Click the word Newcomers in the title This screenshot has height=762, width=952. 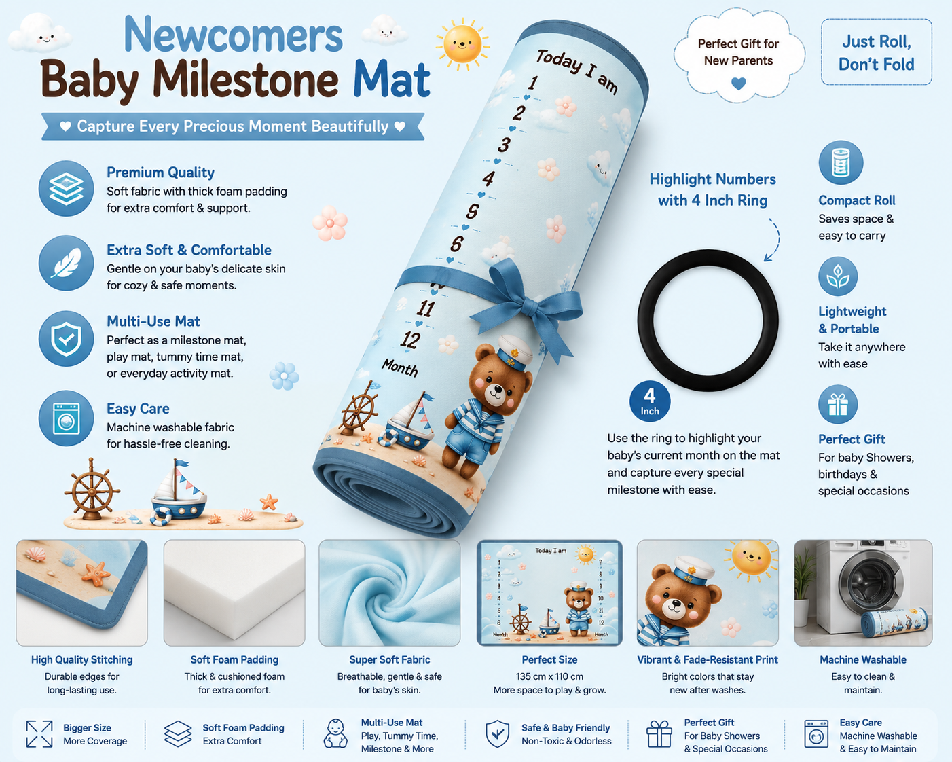click(233, 35)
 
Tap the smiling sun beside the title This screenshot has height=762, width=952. click(462, 44)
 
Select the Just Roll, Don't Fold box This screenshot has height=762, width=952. click(877, 52)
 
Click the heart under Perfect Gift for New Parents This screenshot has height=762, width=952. click(738, 83)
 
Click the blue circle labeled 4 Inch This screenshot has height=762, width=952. click(649, 401)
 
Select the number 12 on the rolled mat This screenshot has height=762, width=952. click(410, 340)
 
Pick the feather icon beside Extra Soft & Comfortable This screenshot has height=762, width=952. click(66, 263)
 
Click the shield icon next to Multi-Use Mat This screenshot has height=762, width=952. click(66, 338)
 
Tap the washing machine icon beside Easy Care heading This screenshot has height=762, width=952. click(66, 418)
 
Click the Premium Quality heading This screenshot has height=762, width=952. click(160, 172)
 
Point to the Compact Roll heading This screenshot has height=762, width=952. click(856, 200)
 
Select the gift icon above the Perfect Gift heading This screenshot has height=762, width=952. click(838, 405)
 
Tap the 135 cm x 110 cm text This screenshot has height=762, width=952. click(549, 676)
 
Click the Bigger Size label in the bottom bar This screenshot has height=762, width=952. click(87, 728)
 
